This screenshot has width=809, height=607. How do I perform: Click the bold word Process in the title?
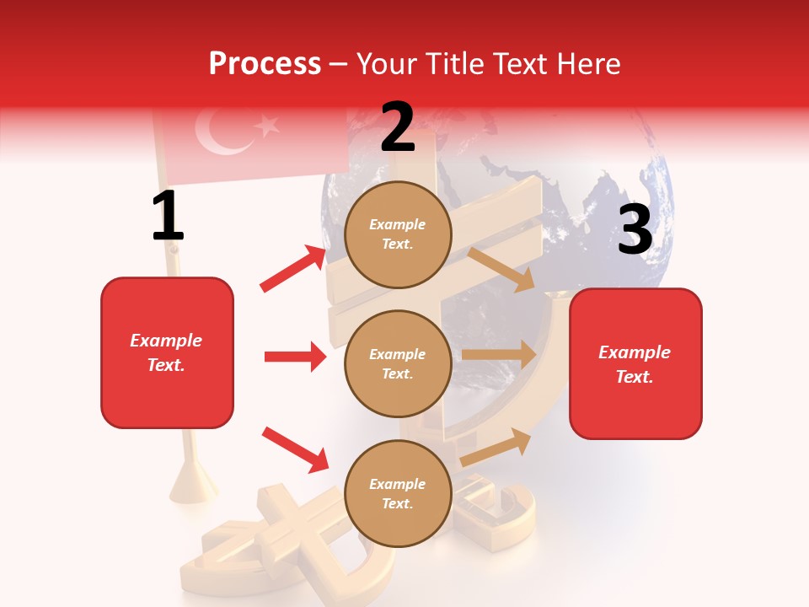[265, 63]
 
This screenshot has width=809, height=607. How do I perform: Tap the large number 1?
[168, 216]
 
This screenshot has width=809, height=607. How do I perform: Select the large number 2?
[398, 128]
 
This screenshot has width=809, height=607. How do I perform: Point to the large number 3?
[635, 230]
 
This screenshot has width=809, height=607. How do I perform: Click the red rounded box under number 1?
[167, 352]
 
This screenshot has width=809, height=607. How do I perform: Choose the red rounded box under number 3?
[635, 363]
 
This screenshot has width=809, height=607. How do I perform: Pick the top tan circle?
[398, 234]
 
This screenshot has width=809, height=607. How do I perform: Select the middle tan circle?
[398, 363]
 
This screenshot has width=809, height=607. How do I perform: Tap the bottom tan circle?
[398, 493]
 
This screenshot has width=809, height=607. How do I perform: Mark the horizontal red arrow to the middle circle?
[295, 357]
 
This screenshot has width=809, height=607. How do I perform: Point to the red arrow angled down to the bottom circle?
[295, 449]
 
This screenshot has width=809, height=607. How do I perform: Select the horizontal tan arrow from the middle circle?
[499, 355]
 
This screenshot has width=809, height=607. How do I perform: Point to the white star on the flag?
[268, 126]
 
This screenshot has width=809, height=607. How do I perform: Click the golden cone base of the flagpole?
[195, 486]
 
